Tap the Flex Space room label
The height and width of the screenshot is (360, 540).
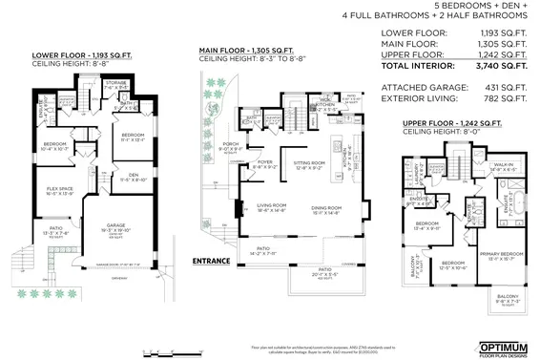(x=60, y=189)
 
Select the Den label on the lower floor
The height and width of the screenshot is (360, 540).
(x=126, y=176)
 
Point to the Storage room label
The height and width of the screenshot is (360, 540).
(x=115, y=84)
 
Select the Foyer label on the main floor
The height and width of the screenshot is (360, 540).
(x=266, y=162)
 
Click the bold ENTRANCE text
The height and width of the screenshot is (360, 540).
(x=210, y=261)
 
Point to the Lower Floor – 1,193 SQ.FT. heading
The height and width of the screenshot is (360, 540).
(x=68, y=54)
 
